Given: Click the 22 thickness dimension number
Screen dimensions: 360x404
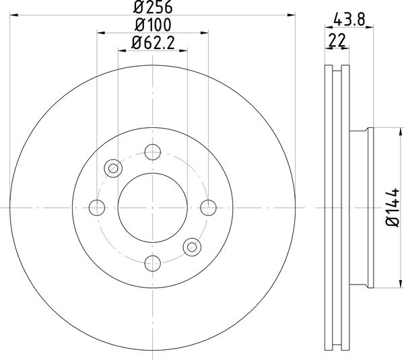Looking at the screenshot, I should tap(336, 40).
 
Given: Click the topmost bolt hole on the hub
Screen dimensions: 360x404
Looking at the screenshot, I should tap(153, 153).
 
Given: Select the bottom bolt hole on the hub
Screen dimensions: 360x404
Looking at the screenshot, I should tap(153, 262).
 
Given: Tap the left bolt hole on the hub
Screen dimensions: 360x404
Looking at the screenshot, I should tap(98, 207).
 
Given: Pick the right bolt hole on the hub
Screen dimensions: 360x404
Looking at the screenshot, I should tap(208, 207).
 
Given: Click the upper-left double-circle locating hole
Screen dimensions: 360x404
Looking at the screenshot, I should tap(113, 168).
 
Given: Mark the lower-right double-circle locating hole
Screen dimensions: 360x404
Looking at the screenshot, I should tap(193, 246).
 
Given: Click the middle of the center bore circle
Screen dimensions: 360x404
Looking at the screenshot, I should tap(153, 207).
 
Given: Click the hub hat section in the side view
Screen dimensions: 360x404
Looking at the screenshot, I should tap(361, 207).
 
